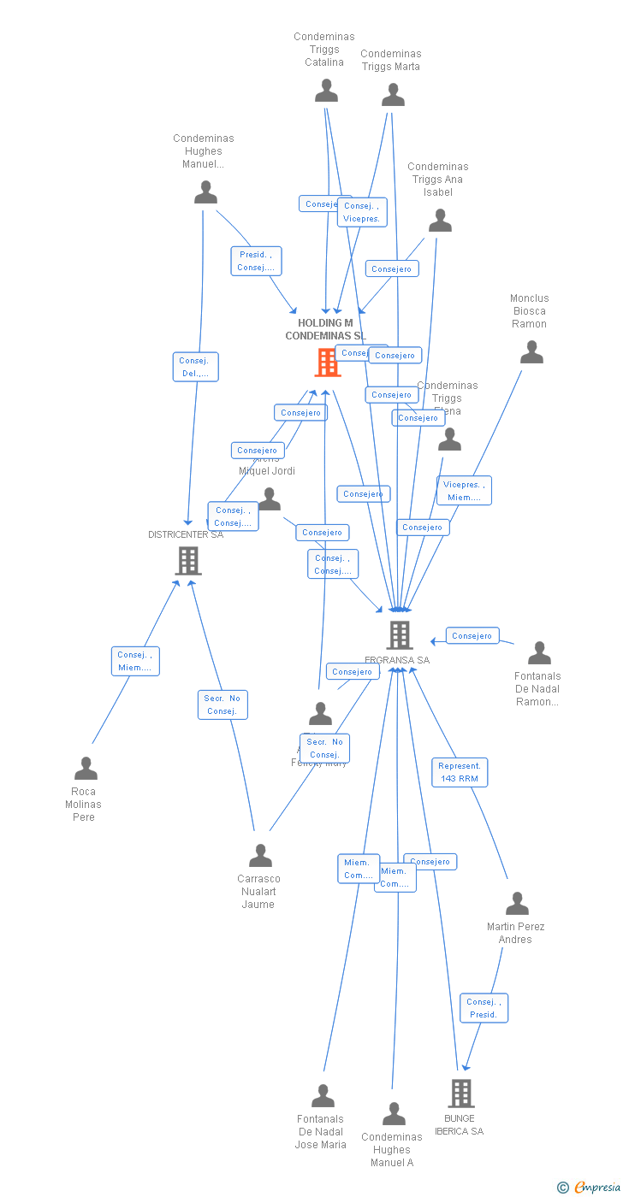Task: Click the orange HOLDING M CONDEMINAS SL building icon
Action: coord(327,363)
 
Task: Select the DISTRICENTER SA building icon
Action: coord(187,561)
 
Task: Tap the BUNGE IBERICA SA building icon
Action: coord(460,1093)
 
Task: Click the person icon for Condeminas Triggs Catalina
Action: coord(326,91)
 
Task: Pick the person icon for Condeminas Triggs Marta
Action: coord(393,95)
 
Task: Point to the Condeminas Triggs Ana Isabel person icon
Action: coord(440,221)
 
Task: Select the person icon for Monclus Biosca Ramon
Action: coord(531,352)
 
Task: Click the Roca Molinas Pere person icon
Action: coord(86,769)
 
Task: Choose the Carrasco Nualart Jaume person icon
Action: coord(260,856)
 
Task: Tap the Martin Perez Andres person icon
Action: coord(517,904)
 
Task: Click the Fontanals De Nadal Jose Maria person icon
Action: coord(323,1096)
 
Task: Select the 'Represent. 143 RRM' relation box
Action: coord(460,772)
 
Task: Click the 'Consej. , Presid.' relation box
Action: coord(484,1008)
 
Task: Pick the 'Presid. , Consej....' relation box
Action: coord(256,261)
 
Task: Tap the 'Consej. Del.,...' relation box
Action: coord(195,367)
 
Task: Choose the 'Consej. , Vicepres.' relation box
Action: coord(362,212)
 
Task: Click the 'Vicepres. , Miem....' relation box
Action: coord(464,491)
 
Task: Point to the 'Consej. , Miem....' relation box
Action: coord(135,661)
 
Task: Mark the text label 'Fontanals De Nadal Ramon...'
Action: coord(537,689)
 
